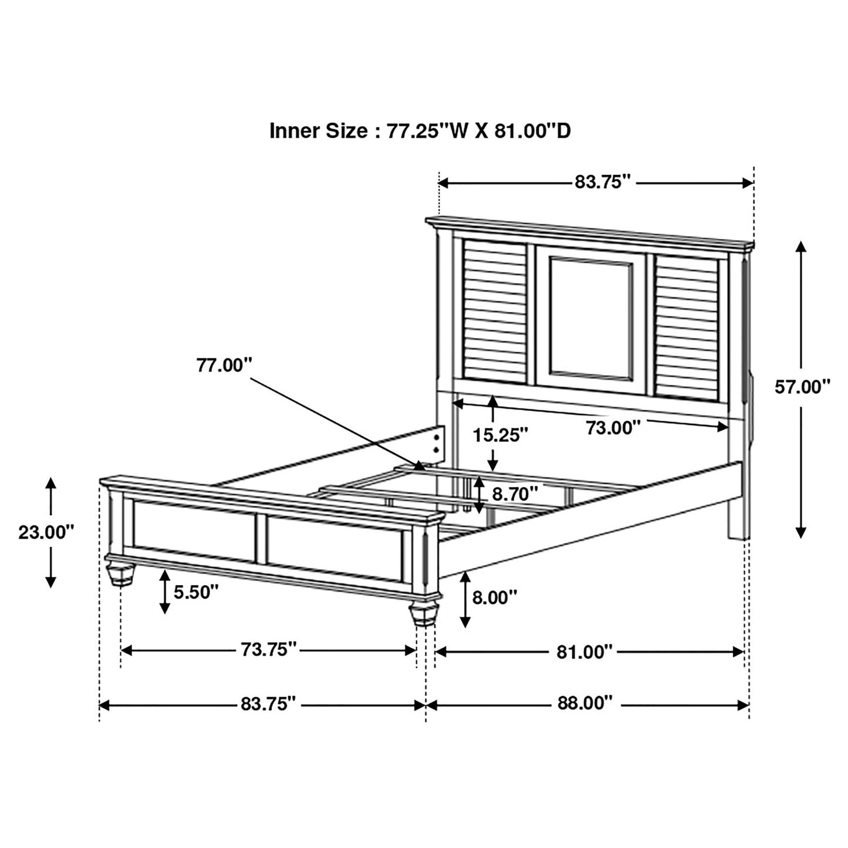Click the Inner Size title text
[420, 131]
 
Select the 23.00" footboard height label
[46, 532]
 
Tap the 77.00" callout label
[224, 365]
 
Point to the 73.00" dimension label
[613, 428]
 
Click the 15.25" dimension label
[501, 435]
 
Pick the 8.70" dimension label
[515, 494]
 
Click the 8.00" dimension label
[495, 597]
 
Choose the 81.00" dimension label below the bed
[585, 651]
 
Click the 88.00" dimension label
[585, 703]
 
